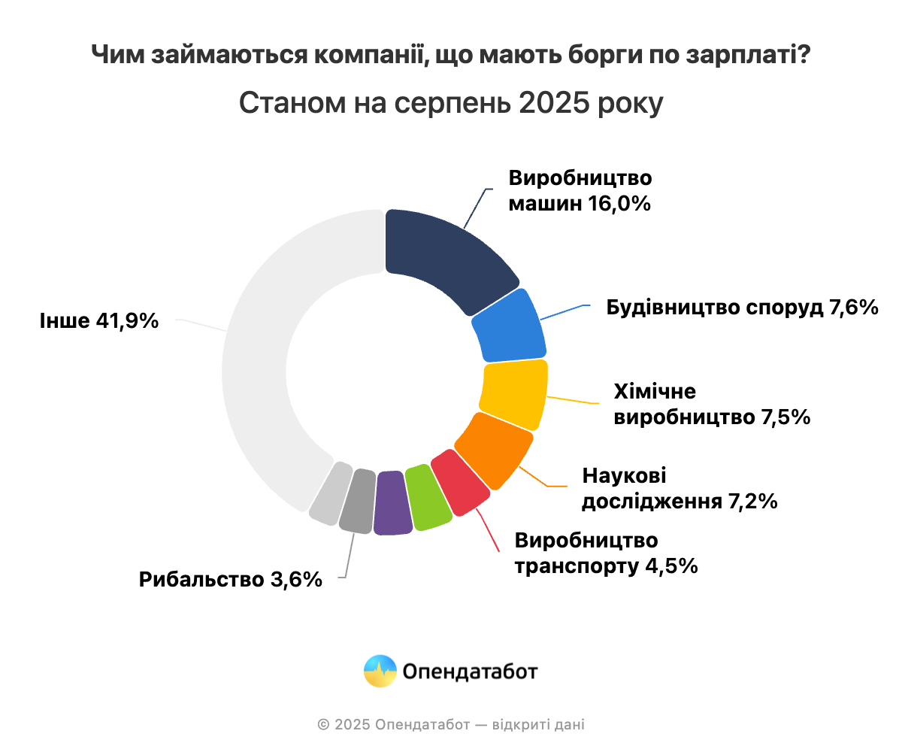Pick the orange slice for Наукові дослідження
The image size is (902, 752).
coord(494,450)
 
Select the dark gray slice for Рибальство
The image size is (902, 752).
coord(359,500)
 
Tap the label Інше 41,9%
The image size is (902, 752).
coord(99,321)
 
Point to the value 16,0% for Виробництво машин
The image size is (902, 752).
coord(616,203)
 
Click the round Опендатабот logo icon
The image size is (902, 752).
coord(380,671)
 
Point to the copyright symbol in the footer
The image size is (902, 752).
coord(323,725)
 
